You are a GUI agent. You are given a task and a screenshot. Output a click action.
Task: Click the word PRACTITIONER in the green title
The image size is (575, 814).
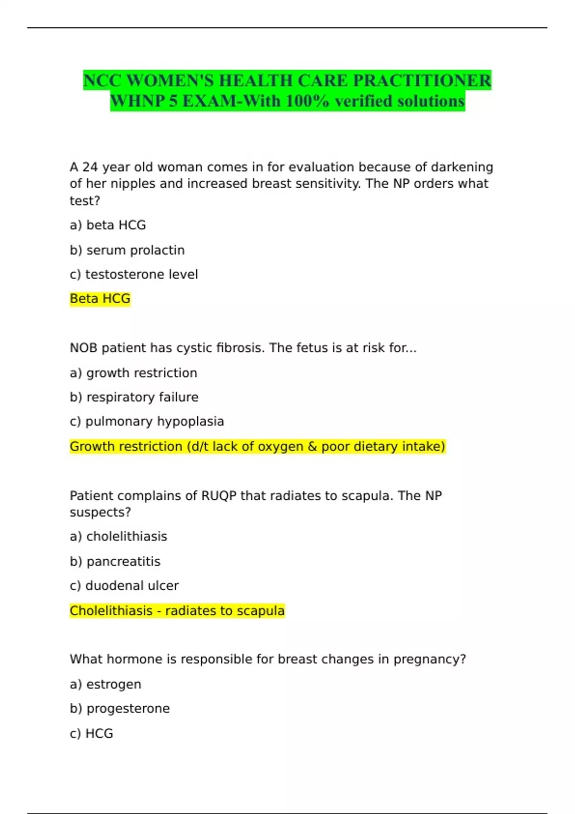[x=422, y=80]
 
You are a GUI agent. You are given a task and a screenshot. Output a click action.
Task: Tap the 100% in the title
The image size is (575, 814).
[x=307, y=101]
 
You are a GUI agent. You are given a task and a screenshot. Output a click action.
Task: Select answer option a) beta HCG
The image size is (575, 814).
[x=108, y=225]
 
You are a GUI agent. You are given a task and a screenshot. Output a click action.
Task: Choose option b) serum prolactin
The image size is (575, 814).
[x=127, y=250]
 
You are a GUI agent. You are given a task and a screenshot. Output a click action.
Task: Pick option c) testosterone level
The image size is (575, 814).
[x=134, y=274]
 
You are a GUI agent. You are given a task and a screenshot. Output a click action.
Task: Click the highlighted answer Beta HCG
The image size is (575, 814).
[x=100, y=299]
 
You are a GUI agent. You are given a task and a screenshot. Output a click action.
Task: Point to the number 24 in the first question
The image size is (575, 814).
[x=90, y=167]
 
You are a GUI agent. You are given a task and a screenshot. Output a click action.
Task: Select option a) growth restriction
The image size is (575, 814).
[x=133, y=373]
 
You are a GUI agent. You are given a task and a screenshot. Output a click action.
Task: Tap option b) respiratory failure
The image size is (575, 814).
[x=134, y=397]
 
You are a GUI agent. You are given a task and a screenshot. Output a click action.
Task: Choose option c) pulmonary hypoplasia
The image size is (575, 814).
[x=147, y=421]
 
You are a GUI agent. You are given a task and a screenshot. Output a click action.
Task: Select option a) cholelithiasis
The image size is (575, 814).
[x=118, y=536]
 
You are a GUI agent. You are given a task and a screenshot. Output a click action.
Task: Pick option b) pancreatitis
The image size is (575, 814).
[x=115, y=561]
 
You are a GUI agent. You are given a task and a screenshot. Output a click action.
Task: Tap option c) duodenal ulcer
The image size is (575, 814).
[x=124, y=586]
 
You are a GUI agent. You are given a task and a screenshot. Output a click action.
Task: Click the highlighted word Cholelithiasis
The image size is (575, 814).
[x=111, y=611]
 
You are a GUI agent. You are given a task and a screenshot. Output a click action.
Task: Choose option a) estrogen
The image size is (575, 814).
[x=105, y=684]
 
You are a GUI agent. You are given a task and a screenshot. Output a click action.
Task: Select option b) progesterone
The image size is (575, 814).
[x=120, y=709]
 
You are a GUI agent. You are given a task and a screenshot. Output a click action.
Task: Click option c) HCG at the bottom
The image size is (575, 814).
[x=92, y=734]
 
